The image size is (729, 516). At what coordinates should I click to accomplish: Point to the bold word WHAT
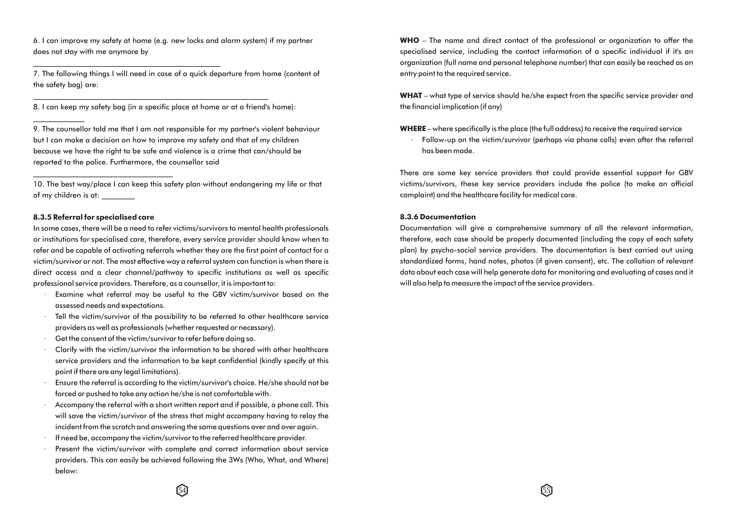pos(411,96)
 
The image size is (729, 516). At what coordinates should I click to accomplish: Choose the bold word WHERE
pos(413,129)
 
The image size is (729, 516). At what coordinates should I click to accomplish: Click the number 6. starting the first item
pos(36,41)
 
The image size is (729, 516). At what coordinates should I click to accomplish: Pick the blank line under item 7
pos(151,99)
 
